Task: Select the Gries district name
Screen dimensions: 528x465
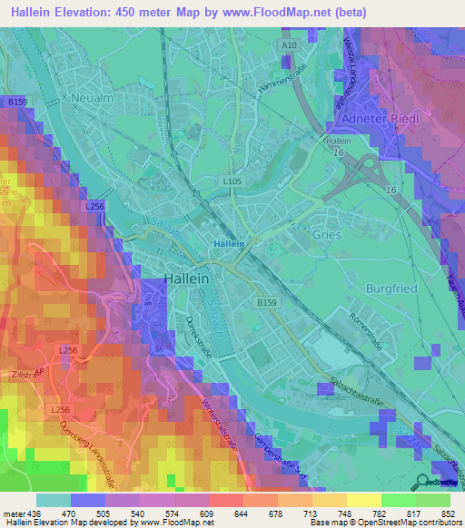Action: click(x=327, y=234)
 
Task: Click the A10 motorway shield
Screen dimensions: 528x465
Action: click(x=289, y=44)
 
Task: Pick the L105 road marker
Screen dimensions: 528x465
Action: click(x=232, y=181)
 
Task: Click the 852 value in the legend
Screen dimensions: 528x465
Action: click(x=448, y=513)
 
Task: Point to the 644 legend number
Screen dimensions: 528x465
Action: click(x=241, y=513)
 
